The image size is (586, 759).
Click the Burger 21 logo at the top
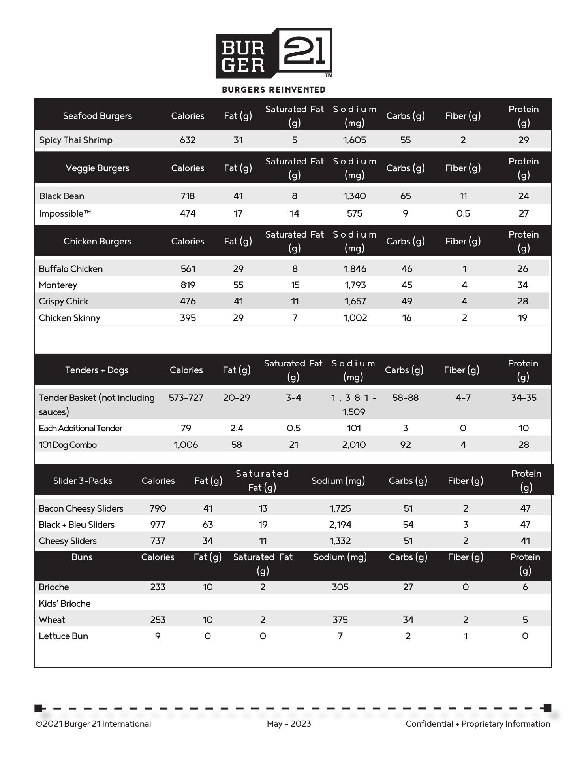274,53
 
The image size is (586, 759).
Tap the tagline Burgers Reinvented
274,90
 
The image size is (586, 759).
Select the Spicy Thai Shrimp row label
76,140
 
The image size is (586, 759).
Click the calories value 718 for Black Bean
188,196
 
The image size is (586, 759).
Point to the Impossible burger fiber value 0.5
463,213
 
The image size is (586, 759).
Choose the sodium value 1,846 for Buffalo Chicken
355,269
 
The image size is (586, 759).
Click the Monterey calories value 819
188,285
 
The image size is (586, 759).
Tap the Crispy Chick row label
64,301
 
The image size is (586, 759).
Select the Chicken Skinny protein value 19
522,318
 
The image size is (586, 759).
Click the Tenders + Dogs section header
97,370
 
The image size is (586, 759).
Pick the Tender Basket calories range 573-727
186,398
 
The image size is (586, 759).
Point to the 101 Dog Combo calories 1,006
186,445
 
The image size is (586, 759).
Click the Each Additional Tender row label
81,428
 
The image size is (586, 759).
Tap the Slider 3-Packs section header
83,481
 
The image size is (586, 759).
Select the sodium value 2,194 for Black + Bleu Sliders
340,525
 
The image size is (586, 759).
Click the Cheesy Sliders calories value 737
158,541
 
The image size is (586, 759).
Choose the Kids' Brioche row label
65,604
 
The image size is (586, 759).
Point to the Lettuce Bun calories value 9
158,636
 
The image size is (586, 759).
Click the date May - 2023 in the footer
289,724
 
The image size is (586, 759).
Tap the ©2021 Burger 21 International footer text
93,724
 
